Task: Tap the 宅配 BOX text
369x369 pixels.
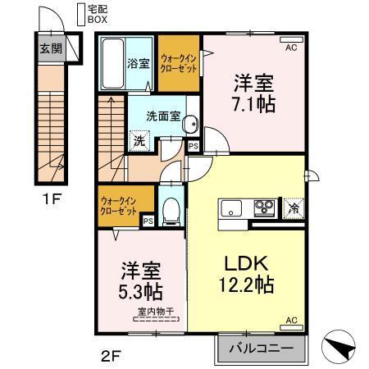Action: [98, 13]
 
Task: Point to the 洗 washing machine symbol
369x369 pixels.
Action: [139, 140]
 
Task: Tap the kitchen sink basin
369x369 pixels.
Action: [230, 207]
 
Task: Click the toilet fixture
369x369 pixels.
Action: [171, 211]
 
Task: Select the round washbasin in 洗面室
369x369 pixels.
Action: [189, 125]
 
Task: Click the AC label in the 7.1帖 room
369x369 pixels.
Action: [289, 48]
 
